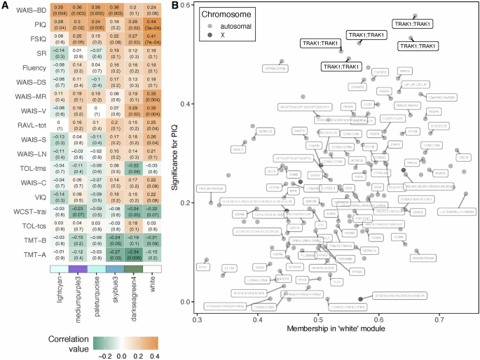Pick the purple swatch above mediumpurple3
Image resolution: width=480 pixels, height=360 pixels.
(x=78, y=268)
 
